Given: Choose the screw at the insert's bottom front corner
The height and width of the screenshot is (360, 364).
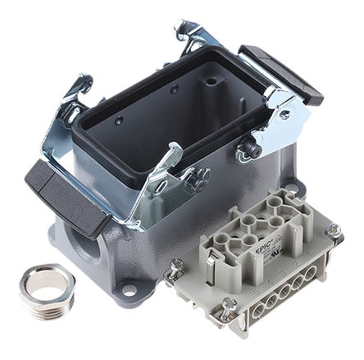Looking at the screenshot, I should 230,309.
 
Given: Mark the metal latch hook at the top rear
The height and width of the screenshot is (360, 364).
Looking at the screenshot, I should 191,34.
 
